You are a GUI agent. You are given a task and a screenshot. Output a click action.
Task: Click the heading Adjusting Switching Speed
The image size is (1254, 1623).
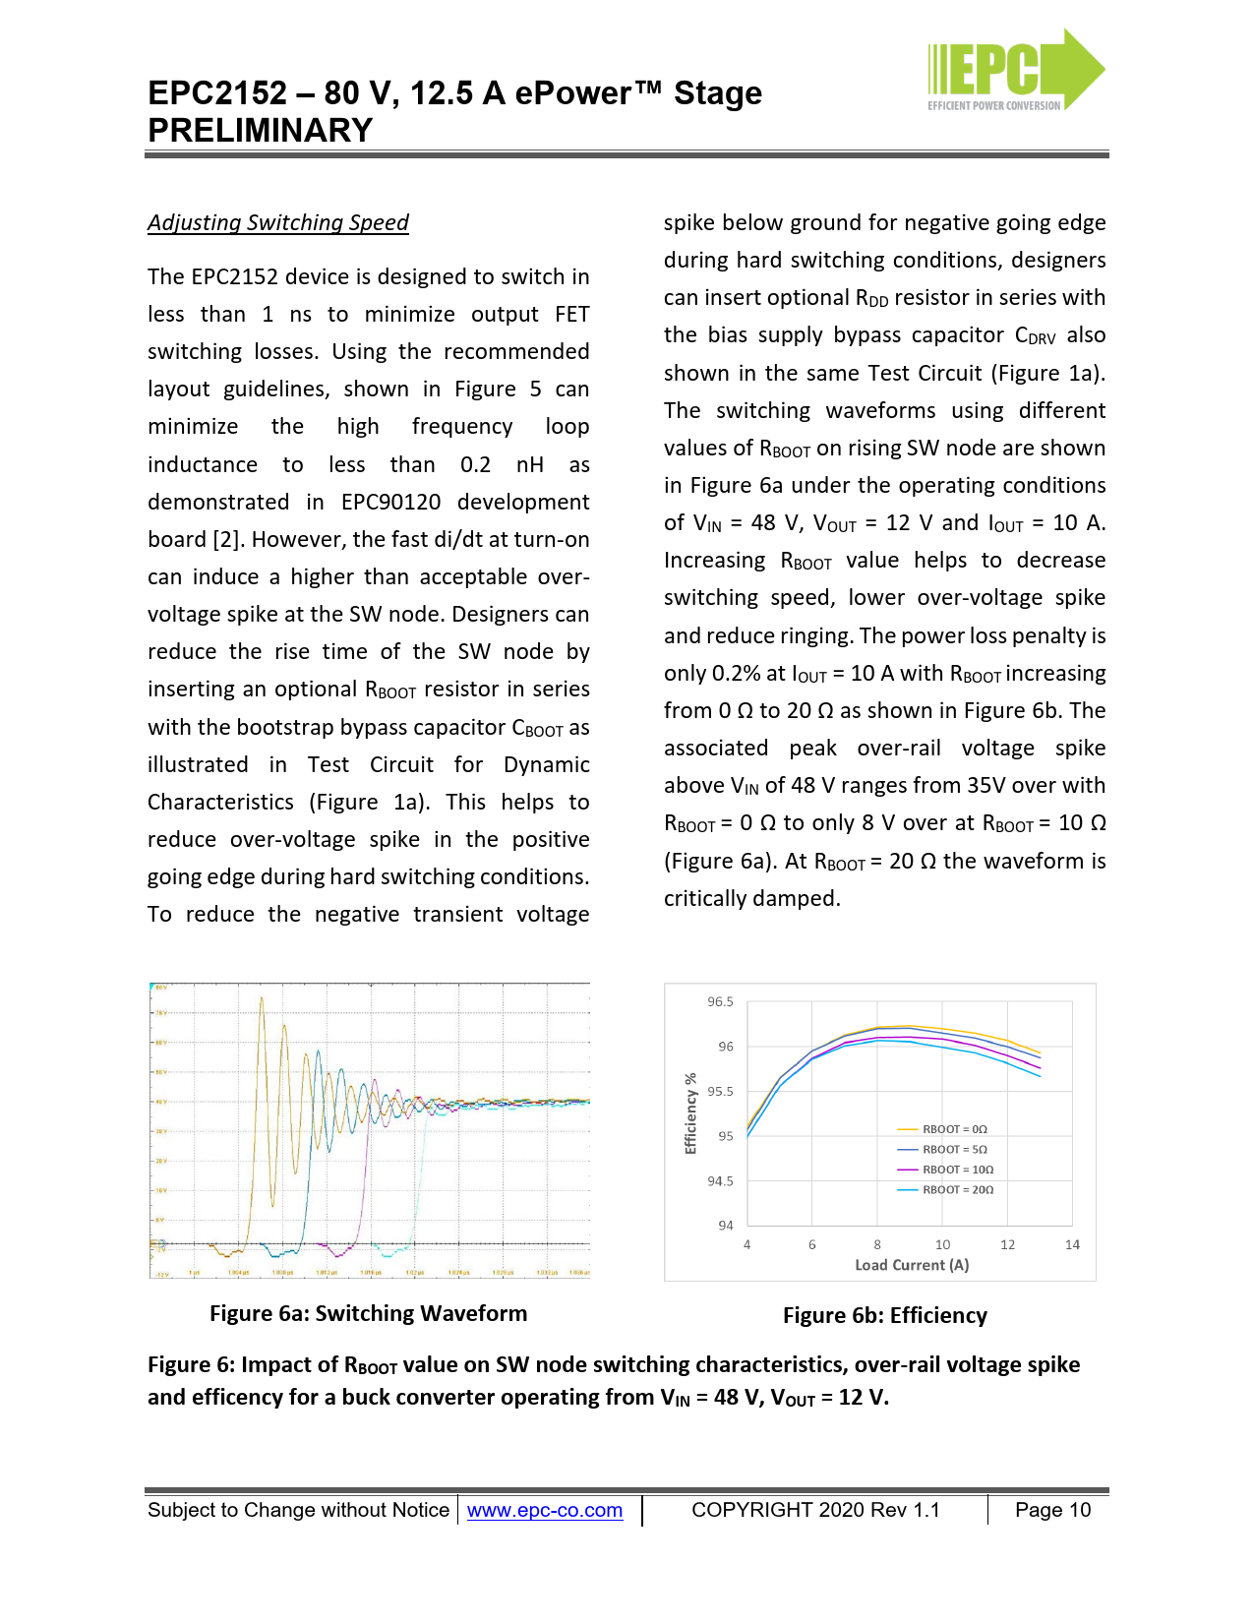(x=278, y=222)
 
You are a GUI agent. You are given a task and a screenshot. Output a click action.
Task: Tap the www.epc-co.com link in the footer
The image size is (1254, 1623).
(x=544, y=1510)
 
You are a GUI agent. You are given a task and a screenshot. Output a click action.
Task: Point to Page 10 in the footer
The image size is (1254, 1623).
(x=1052, y=1510)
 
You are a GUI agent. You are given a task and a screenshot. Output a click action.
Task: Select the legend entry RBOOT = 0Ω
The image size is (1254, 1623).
(x=954, y=1129)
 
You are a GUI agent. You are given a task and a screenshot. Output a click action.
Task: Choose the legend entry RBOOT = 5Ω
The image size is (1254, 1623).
(x=954, y=1149)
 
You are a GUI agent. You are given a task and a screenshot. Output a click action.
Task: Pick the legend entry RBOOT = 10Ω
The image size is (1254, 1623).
(x=957, y=1170)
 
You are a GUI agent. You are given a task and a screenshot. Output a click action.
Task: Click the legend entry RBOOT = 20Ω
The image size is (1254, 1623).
(x=957, y=1189)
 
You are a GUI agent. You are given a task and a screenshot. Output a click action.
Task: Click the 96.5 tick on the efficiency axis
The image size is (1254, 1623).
(x=720, y=1002)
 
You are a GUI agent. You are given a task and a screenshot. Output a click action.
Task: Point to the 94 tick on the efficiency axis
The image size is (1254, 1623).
(x=725, y=1226)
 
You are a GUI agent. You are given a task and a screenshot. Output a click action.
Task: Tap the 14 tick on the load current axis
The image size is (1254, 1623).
(x=1072, y=1245)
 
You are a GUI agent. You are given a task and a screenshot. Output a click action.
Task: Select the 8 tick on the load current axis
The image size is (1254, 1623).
(x=877, y=1245)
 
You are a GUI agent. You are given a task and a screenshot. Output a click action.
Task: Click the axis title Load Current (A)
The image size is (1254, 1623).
(x=912, y=1265)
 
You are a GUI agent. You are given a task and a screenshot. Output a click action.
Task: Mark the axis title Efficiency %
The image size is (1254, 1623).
(x=690, y=1112)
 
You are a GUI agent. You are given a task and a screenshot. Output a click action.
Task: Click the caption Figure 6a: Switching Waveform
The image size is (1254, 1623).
(x=368, y=1313)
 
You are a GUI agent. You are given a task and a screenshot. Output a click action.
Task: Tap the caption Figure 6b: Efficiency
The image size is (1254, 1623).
(x=884, y=1315)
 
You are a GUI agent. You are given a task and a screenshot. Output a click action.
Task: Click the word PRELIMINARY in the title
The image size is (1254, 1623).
(x=261, y=130)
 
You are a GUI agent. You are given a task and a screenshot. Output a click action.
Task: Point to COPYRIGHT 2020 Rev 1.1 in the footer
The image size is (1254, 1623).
(x=815, y=1510)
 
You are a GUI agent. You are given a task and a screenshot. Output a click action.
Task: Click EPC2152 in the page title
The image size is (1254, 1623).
(x=217, y=92)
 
